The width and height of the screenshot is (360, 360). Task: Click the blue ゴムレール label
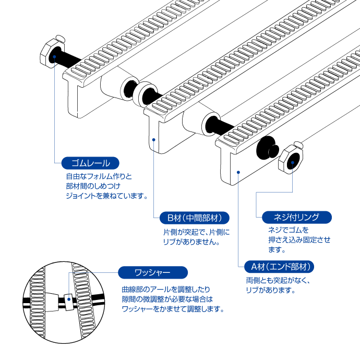(x=90, y=163)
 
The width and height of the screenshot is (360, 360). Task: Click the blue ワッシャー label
(x=152, y=272)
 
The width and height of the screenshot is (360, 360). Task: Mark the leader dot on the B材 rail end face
(x=153, y=140)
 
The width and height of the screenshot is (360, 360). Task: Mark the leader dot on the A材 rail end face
(x=238, y=171)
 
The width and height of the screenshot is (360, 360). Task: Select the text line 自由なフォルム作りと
(x=99, y=176)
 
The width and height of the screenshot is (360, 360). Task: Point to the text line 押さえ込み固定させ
(x=299, y=239)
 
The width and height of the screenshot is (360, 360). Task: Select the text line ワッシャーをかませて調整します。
(x=173, y=309)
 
